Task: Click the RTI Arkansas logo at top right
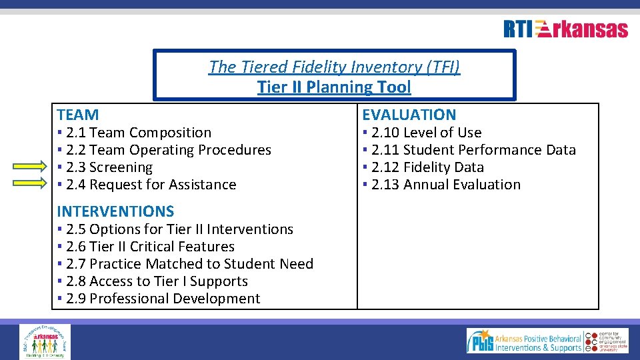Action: pos(565,29)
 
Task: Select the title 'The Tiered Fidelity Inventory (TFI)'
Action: pos(334,67)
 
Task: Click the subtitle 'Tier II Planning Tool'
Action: pos(334,87)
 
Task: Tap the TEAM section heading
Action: pos(78,115)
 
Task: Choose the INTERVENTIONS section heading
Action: pos(115,211)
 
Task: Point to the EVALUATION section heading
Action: pos(409,115)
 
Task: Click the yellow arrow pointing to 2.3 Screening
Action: pos(31,167)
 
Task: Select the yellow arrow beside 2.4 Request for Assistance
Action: pos(31,185)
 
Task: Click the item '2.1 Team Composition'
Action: pos(138,133)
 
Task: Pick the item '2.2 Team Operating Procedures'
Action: pos(168,150)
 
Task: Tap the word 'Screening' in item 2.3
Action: pos(121,167)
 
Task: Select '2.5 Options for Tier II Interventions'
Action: pos(179,229)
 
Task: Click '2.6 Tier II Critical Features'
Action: pos(150,247)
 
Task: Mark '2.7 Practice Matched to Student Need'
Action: pos(189,264)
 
